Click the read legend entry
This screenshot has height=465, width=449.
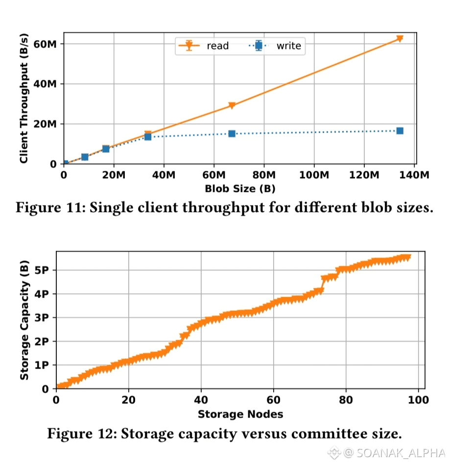pos(217,46)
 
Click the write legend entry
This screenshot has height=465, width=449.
pos(288,46)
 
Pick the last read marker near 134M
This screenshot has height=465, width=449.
pos(400,39)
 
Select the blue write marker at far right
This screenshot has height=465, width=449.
pos(400,131)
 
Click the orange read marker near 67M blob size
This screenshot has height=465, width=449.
pos(232,105)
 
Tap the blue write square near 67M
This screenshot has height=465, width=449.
pos(232,134)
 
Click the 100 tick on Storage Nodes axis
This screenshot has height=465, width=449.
pos(418,400)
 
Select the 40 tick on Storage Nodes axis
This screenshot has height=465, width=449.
pos(201,400)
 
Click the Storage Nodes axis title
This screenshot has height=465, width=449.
pos(240,415)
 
